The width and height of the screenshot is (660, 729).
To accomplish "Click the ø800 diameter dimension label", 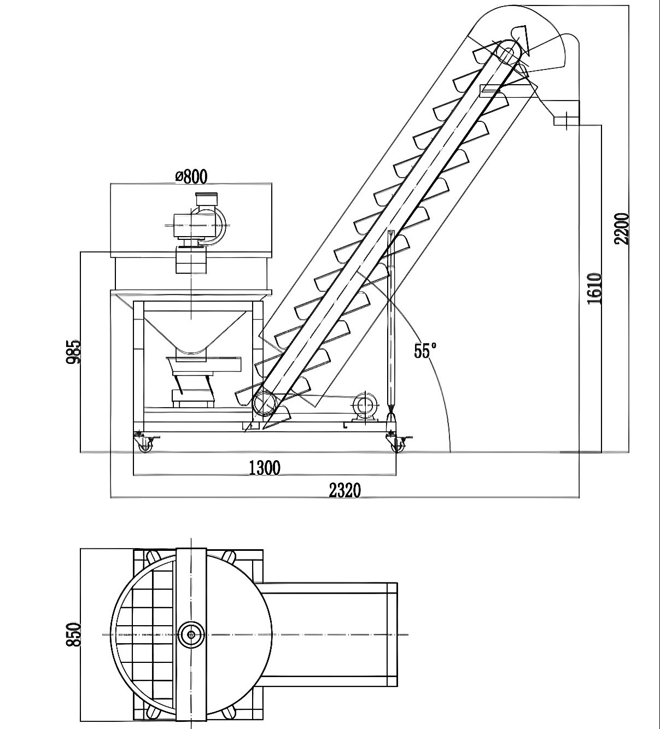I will pyautogui.click(x=191, y=176).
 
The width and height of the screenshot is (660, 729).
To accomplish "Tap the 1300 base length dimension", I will pyautogui.click(x=264, y=468).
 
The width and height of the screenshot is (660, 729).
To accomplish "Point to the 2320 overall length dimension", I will pyautogui.click(x=344, y=490).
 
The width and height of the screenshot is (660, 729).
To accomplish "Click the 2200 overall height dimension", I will pyautogui.click(x=622, y=228).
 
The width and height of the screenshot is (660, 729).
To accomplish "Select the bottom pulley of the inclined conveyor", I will pyautogui.click(x=265, y=404).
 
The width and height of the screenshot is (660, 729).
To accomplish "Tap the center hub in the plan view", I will pyautogui.click(x=191, y=634).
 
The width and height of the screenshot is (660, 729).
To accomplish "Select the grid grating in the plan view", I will pyautogui.click(x=145, y=634).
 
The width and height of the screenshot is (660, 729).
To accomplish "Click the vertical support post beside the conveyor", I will pyautogui.click(x=390, y=322).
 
